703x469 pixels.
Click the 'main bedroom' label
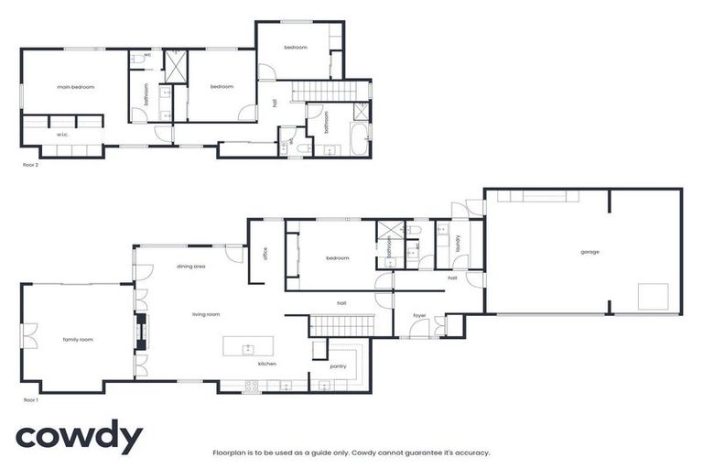click(76, 87)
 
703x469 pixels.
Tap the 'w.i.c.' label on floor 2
click(63, 135)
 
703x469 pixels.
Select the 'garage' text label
click(589, 251)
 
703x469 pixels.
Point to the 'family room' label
click(77, 340)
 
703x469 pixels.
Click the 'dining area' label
click(190, 267)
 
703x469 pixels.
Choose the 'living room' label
click(206, 314)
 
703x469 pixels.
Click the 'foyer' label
click(419, 316)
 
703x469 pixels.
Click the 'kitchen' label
click(266, 364)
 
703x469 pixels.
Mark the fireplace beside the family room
click(140, 333)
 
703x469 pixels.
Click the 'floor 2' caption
click(31, 166)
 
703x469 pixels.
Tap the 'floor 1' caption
click(31, 400)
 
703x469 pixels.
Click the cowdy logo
click(79, 438)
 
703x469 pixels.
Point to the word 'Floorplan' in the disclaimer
click(229, 452)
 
